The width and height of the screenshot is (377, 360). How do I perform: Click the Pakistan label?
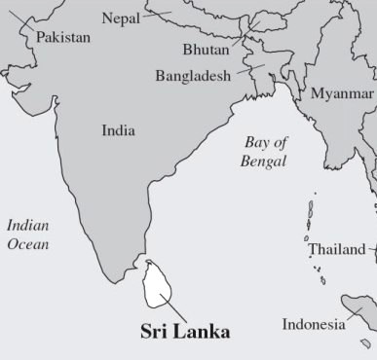(x=63, y=37)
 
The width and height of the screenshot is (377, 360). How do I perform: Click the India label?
(x=118, y=129)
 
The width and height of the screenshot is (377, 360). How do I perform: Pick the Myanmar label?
(x=342, y=93)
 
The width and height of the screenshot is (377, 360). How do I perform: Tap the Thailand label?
(x=337, y=249)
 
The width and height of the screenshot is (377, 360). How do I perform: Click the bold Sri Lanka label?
(x=185, y=332)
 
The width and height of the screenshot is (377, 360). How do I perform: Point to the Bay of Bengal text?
(x=263, y=152)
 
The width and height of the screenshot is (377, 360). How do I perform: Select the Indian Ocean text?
(x=27, y=234)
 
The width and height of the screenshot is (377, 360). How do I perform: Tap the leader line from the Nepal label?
(x=158, y=15)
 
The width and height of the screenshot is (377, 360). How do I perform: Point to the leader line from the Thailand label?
(x=370, y=250)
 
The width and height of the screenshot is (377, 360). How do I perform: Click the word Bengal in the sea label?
(x=263, y=162)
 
